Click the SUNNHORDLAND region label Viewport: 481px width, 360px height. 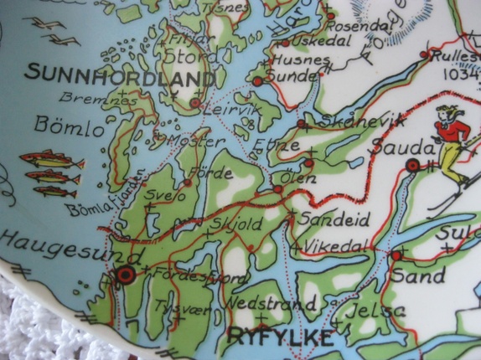click(x=119, y=75)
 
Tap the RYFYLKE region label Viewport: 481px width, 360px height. click(x=278, y=338)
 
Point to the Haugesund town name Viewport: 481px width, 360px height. click(x=54, y=243)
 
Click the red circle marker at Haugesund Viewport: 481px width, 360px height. click(x=127, y=273)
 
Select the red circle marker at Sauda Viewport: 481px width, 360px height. click(x=412, y=166)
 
